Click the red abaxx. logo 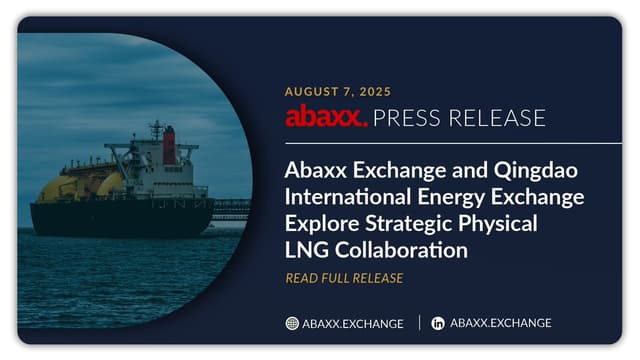326,118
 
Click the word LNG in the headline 305,248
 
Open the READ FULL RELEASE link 344,278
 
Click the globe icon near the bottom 292,323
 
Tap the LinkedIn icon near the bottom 438,323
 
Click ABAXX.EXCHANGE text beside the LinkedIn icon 501,323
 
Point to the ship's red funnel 169,146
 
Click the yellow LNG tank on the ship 60,188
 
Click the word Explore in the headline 321,222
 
